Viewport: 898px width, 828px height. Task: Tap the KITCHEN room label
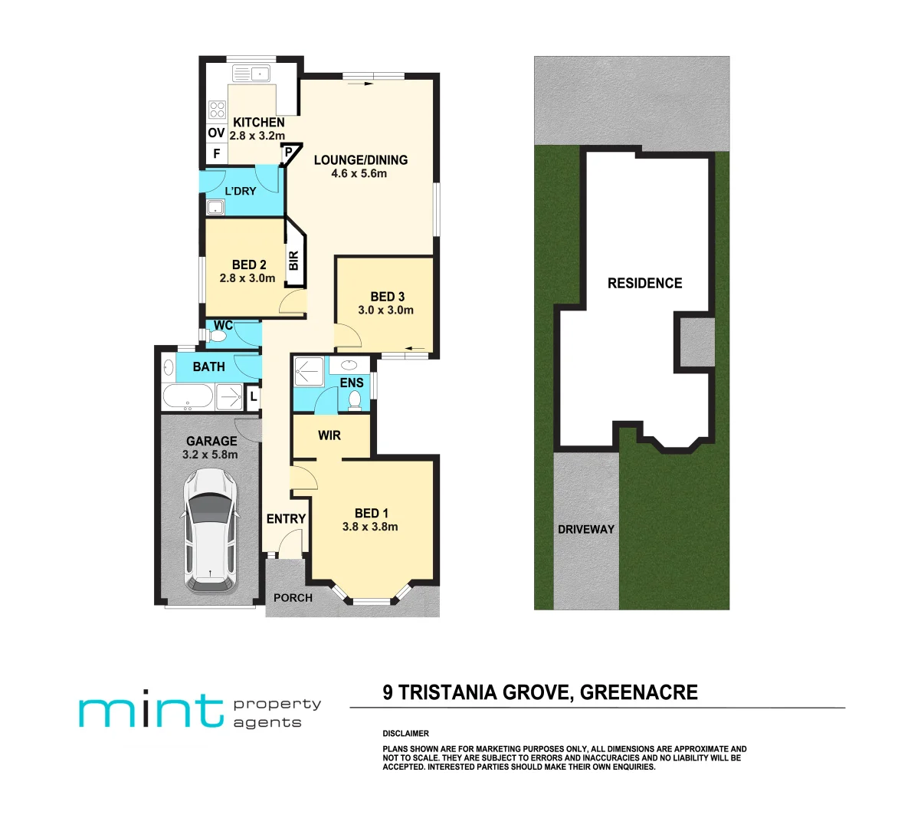[259, 123]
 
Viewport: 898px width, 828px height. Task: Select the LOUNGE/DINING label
[361, 160]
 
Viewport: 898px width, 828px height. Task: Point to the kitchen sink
[251, 74]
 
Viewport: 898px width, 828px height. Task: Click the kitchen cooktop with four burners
[217, 109]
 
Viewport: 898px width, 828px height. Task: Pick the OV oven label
[216, 133]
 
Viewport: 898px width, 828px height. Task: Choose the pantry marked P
[289, 153]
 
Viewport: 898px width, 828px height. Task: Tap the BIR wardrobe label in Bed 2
[293, 261]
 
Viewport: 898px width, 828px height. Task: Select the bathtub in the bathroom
[188, 397]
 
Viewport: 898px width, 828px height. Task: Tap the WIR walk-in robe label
[329, 435]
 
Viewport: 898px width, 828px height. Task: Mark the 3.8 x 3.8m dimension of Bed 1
[370, 527]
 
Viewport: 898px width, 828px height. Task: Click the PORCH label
[293, 598]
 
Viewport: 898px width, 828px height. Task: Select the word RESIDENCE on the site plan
[644, 284]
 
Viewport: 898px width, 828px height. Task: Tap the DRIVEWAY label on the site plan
[586, 529]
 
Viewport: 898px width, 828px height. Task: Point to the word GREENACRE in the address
[639, 693]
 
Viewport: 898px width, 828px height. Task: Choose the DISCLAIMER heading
[406, 734]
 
